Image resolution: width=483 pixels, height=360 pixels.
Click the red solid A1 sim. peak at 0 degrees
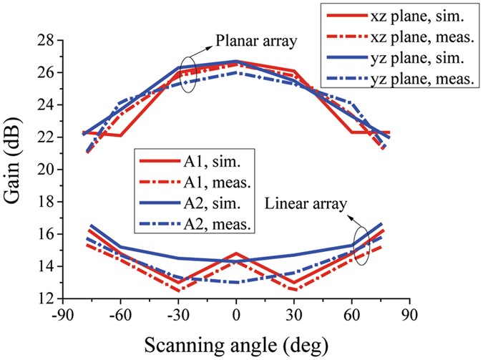(x=236, y=253)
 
